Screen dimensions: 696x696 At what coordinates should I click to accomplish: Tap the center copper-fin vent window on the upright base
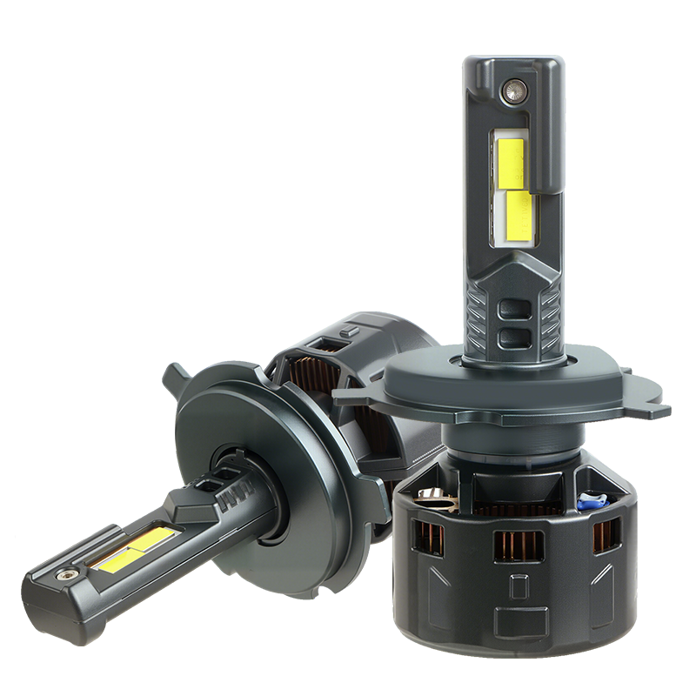tap(518, 545)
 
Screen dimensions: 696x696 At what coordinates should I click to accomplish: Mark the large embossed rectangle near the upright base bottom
tap(520, 619)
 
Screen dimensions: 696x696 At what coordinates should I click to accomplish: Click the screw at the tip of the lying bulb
tap(66, 576)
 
